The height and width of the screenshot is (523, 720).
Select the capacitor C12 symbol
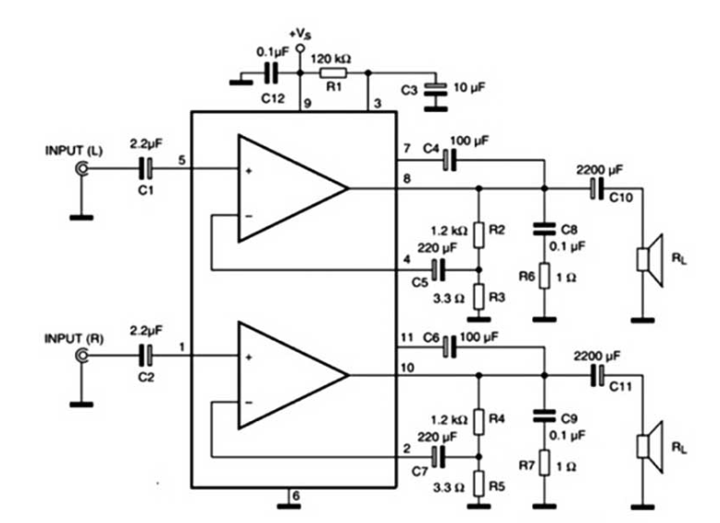tap(272, 71)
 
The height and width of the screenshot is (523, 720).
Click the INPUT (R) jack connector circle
tap(83, 353)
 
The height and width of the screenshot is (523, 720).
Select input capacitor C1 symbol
tap(146, 168)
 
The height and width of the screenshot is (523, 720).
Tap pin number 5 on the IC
tap(181, 159)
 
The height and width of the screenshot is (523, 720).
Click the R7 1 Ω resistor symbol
tap(545, 463)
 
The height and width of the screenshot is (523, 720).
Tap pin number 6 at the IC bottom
tap(294, 496)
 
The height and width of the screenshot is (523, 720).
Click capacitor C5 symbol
tap(441, 269)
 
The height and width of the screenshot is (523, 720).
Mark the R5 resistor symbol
tap(479, 482)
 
